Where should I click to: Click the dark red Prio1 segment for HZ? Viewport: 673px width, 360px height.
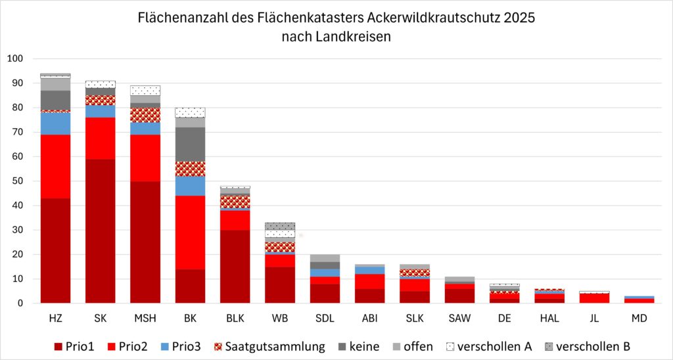click(55, 250)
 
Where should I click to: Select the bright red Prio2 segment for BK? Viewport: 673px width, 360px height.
click(190, 233)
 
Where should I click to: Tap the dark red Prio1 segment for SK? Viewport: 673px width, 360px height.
click(101, 231)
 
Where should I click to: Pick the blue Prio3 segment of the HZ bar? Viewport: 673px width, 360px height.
click(55, 124)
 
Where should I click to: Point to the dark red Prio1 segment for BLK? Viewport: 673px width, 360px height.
click(235, 266)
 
